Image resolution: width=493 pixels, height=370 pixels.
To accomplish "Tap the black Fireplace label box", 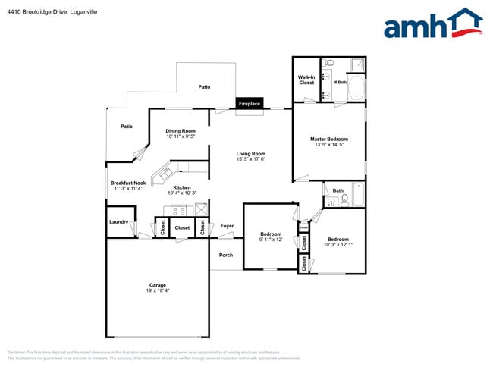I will [250, 104].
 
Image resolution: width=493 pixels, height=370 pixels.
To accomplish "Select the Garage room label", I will [157, 285].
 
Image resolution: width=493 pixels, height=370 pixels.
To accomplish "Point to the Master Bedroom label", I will [329, 140].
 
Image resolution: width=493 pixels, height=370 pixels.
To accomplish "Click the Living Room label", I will [250, 154].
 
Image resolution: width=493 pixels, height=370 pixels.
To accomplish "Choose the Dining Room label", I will [181, 131].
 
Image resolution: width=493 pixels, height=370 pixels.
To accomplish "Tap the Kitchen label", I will [182, 187].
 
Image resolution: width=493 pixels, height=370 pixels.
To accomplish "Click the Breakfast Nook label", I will [127, 183].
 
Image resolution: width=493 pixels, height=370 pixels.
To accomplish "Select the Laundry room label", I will [118, 221].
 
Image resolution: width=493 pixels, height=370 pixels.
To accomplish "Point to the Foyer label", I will [227, 226].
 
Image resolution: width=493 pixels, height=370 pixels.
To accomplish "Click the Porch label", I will [226, 255].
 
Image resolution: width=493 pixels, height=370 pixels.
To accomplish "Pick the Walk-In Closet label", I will [306, 80].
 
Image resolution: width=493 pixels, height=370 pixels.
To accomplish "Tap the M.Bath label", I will [340, 82].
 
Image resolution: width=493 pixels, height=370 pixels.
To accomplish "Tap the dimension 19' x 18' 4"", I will [157, 291].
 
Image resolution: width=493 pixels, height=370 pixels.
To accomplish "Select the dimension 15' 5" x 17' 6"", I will [250, 160].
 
